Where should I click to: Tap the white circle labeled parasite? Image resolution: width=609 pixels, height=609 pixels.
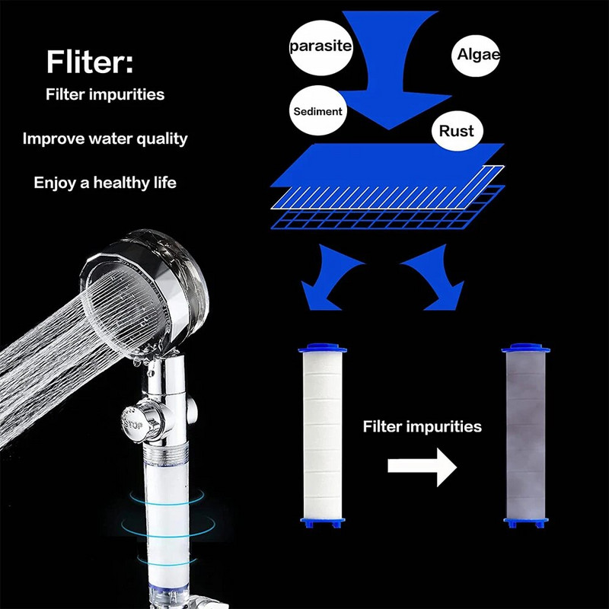(x=321, y=46)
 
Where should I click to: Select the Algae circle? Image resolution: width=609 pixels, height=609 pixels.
(x=477, y=53)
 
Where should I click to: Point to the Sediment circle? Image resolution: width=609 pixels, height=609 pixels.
(x=317, y=111)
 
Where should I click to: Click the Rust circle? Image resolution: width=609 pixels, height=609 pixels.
(x=456, y=131)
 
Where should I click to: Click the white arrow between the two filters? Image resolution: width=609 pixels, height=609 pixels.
(x=421, y=464)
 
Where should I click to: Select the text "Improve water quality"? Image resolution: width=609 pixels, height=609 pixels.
(x=105, y=139)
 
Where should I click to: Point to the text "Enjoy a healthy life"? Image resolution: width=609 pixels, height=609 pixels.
(x=105, y=183)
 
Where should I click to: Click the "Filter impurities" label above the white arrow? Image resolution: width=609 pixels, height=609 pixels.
(x=422, y=426)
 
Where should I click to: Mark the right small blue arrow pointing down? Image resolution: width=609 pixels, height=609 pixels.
(x=434, y=282)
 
